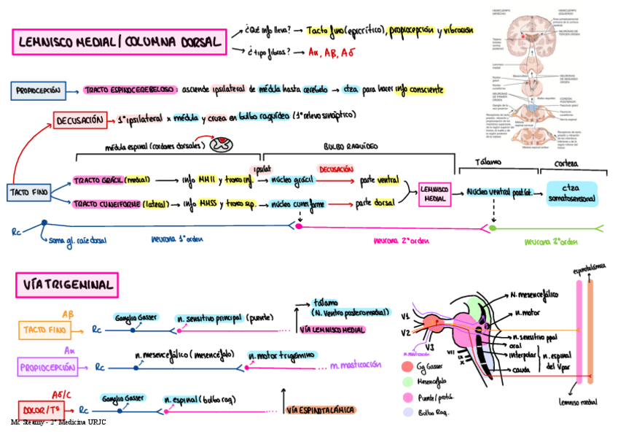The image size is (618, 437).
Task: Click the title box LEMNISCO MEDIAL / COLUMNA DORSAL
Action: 119,42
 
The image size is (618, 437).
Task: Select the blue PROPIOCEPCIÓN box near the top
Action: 39,90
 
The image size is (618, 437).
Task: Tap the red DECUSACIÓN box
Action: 79,120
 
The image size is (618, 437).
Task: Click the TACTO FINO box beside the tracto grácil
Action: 30,192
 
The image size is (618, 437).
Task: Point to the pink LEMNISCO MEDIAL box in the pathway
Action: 435,193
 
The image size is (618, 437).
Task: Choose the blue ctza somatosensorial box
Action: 571,193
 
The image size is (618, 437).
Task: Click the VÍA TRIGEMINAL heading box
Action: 66,285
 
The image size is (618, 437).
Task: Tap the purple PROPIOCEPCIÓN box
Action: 47,368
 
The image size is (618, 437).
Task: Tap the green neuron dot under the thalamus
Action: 493,228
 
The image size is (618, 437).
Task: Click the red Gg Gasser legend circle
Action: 407,366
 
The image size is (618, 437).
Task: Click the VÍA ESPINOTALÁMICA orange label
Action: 321,410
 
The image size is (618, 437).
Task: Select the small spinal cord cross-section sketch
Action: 222,144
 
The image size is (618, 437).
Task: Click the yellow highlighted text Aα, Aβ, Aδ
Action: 332,53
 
